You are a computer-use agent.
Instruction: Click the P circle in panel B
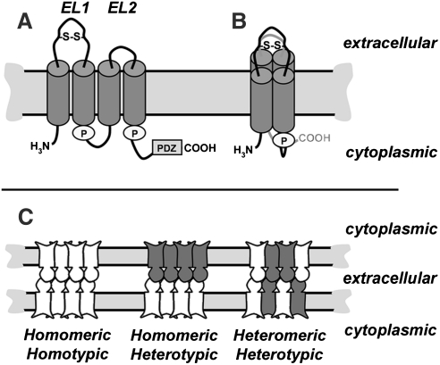281,140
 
